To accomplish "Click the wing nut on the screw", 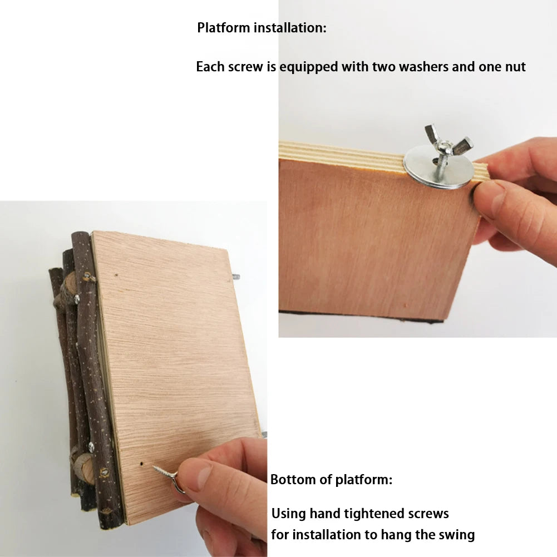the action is [449, 142].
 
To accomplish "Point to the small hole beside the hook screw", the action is [141, 464].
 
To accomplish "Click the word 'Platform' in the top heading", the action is [224, 28].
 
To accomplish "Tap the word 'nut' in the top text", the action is [515, 67].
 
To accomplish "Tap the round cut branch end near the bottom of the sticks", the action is [84, 469].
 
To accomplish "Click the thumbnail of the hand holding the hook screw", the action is [203, 475].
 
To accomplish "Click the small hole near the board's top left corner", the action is [116, 274].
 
